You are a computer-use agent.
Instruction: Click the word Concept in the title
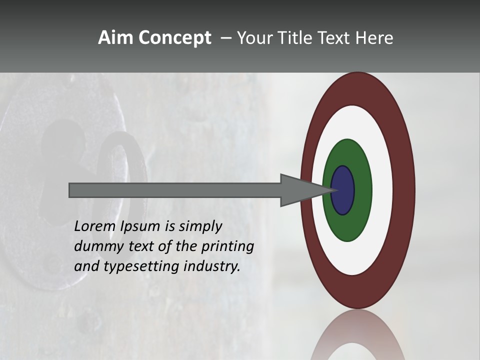pos(174,38)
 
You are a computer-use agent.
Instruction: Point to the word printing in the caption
pos(228,246)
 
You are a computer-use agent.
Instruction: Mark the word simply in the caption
pos(199,226)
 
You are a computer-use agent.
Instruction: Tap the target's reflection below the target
pos(357,335)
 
